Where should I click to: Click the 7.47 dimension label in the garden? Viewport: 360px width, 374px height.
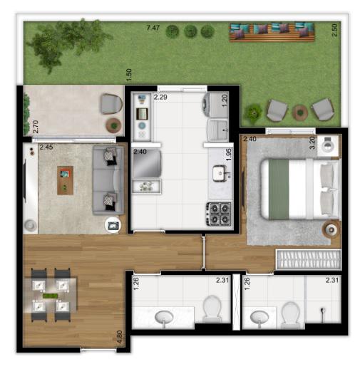click(x=153, y=28)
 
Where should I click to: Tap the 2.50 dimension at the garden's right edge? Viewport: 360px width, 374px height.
click(x=335, y=30)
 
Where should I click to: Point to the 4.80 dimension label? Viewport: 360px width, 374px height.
click(x=119, y=336)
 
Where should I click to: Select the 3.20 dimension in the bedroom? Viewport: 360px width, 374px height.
click(x=312, y=142)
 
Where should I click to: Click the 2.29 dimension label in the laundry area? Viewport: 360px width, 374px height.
click(x=160, y=97)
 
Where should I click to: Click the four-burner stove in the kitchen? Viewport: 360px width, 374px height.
click(x=219, y=214)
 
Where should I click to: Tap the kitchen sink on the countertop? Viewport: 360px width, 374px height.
click(x=220, y=173)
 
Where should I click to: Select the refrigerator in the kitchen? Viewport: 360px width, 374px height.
click(x=147, y=163)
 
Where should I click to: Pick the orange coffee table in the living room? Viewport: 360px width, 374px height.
click(x=65, y=180)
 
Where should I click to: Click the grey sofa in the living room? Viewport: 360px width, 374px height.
click(x=108, y=180)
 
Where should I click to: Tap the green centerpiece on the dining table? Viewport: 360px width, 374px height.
click(x=51, y=296)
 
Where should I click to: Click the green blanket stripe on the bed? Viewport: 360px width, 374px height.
click(x=279, y=189)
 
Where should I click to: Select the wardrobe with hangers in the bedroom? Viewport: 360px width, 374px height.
click(x=309, y=259)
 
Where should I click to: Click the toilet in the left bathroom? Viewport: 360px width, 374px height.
click(x=212, y=309)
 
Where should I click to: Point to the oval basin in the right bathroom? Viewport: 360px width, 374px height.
click(x=259, y=318)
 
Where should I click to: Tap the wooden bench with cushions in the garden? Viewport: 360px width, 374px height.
click(x=272, y=32)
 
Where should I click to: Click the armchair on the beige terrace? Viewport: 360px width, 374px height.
click(x=111, y=104)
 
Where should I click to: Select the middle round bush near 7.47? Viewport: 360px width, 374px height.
click(x=190, y=31)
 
